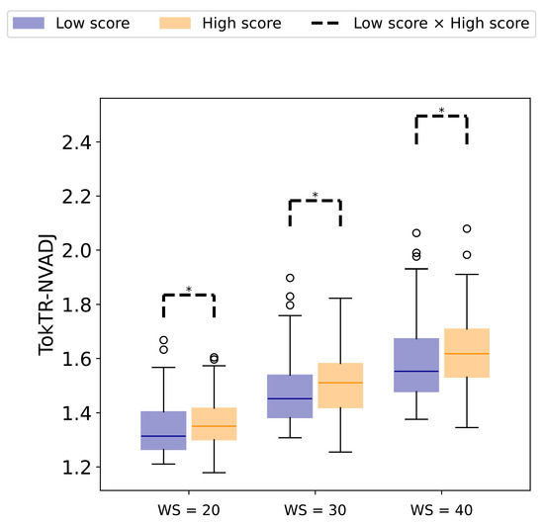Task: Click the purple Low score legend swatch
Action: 29,23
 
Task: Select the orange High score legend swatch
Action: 175,23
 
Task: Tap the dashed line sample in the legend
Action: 324,24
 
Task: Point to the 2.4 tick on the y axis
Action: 99,141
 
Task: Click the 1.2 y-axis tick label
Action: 76,468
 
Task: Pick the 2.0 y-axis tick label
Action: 76,250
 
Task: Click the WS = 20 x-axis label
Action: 189,510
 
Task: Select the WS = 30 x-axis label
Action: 315,510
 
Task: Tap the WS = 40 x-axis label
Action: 441,510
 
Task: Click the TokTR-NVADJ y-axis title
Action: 46,295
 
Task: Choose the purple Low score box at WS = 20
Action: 163,430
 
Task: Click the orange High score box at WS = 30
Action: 340,386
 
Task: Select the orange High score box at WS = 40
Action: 467,353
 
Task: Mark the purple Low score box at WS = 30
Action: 290,396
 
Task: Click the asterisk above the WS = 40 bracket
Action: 441,111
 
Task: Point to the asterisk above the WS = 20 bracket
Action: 189,290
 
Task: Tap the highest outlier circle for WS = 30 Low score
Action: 290,278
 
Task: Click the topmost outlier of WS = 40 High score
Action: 467,228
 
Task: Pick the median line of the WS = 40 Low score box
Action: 416,371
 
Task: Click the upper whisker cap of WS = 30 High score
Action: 340,298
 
